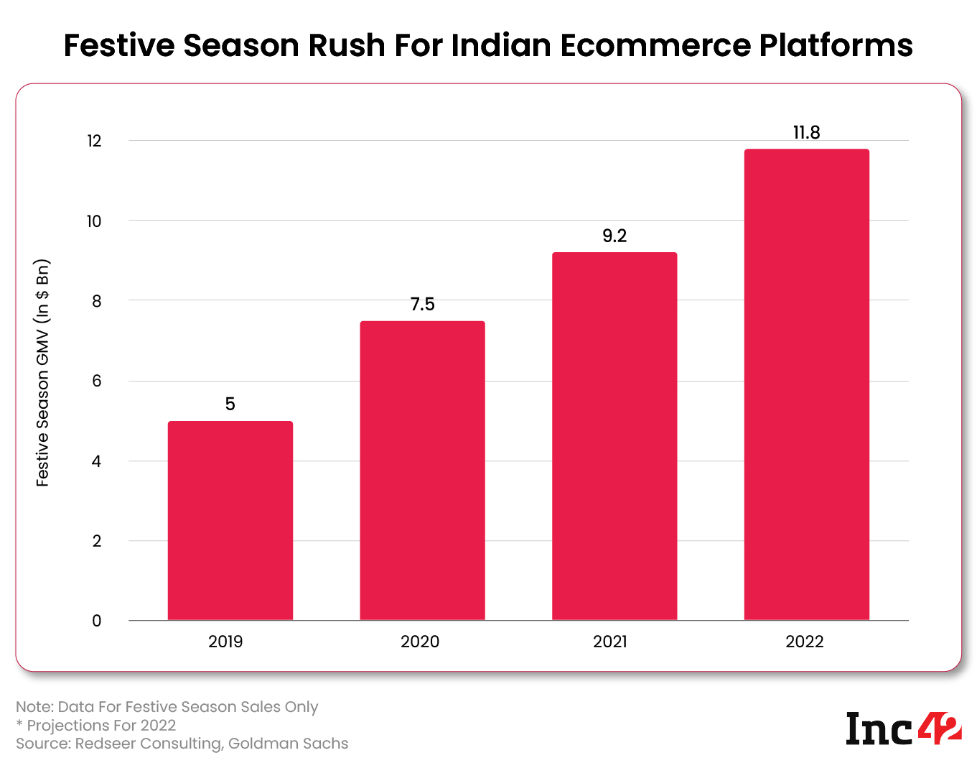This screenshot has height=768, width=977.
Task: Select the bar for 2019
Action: pos(230,521)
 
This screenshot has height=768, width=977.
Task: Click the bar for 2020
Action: pos(422,471)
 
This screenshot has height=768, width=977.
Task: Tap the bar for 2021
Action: pos(614,436)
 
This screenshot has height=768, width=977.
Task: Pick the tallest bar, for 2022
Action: pos(806,384)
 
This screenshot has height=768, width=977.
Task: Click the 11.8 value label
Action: pos(806,133)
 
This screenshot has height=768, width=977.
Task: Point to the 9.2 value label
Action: pos(614,236)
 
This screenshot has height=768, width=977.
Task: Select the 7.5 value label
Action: pos(422,305)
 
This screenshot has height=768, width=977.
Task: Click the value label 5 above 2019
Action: pos(230,404)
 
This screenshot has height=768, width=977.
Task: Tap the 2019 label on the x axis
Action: pos(225,642)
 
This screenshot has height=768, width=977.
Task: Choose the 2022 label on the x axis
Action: pos(804,642)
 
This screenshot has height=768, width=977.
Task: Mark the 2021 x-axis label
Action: pos(610,642)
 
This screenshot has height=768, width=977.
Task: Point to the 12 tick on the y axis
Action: pos(94,141)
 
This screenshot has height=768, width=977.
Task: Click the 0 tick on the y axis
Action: pos(97,621)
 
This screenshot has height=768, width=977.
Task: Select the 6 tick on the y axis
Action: pos(97,381)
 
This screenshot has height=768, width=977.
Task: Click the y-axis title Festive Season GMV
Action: pos(43,373)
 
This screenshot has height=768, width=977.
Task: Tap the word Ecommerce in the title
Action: pos(656,45)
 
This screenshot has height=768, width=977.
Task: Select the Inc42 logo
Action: pos(902,728)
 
